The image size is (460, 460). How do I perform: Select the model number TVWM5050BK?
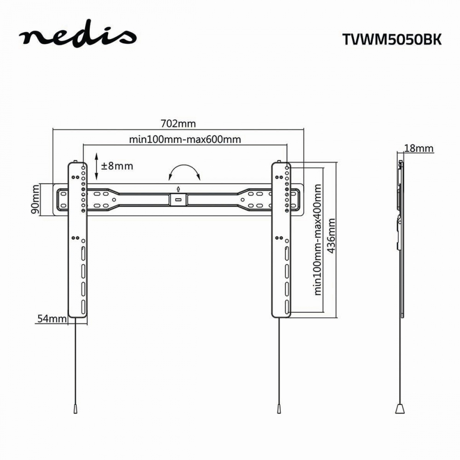pos(391,40)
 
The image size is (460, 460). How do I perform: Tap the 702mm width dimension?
pos(178,124)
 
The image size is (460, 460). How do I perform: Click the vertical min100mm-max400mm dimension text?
pos(317,239)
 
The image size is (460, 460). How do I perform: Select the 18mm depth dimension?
pos(418,148)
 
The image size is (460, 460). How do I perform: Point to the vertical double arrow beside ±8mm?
pos(96,166)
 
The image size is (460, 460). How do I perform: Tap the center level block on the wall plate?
pos(178,199)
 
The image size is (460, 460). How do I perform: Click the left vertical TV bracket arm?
pos(77,239)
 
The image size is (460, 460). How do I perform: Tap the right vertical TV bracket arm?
pos(281,239)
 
